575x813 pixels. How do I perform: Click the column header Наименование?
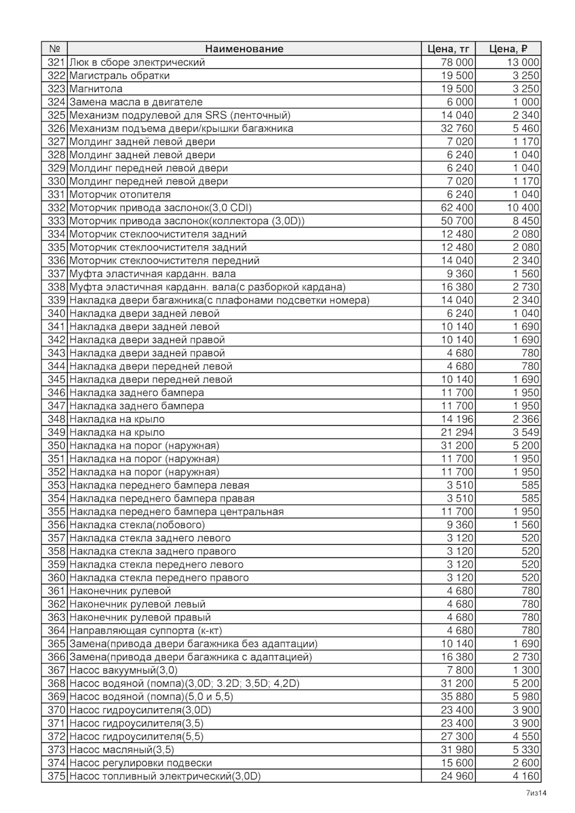tap(244, 49)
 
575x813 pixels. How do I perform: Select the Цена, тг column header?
tap(448, 49)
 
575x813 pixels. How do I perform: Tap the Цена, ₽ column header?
tap(508, 49)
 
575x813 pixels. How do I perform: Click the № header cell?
tap(55, 49)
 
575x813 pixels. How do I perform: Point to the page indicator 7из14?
tap(536, 793)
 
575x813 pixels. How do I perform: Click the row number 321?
tap(56, 62)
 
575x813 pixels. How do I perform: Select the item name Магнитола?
tap(96, 89)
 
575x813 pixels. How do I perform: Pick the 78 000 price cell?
tap(457, 62)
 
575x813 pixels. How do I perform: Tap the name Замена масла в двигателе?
tap(136, 102)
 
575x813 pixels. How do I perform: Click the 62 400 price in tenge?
tap(457, 208)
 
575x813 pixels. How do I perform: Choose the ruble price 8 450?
tap(525, 221)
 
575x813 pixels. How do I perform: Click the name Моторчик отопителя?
tap(120, 195)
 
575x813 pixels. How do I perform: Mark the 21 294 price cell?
tap(457, 432)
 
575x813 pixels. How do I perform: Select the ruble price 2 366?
tap(525, 419)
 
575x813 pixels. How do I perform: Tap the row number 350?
tap(56, 445)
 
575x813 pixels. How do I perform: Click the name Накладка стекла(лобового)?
tap(137, 525)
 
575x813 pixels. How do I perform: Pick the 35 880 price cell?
tap(457, 697)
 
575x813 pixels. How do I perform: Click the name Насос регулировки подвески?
tap(141, 763)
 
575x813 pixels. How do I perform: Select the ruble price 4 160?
tap(525, 776)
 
